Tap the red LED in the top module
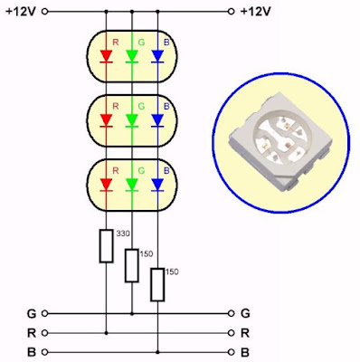tap(106, 56)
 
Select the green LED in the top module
tap(132, 56)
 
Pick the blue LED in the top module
tap(158, 56)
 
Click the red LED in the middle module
tap(106, 119)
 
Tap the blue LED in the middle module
tap(158, 119)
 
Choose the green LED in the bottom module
tap(132, 184)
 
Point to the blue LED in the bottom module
tap(158, 184)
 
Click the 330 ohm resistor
tap(106, 244)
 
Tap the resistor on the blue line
tap(158, 283)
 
